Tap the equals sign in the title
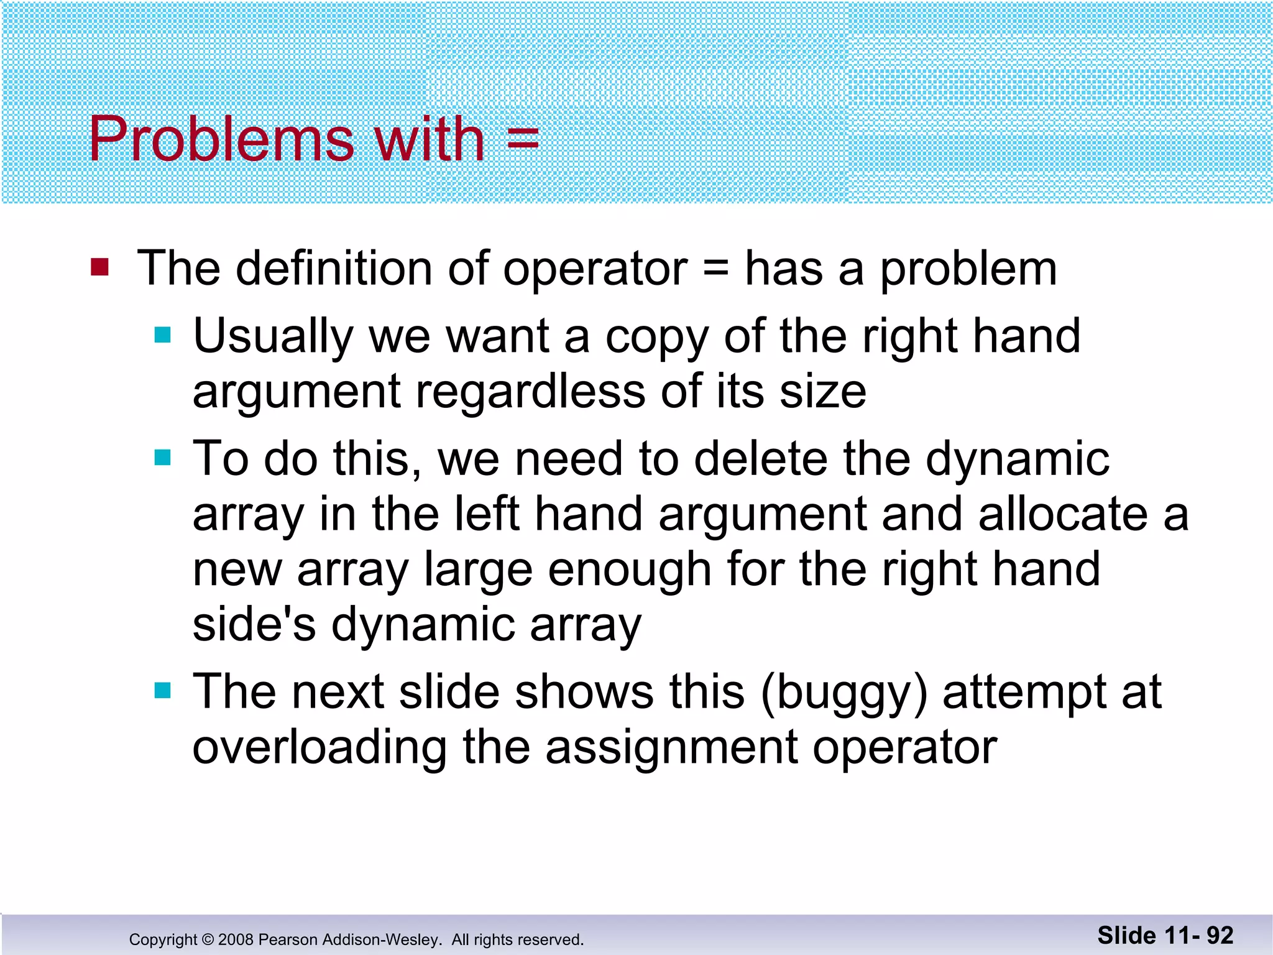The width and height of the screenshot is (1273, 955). click(522, 139)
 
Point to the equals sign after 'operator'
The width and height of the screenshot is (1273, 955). click(716, 270)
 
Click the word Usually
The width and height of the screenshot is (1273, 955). click(273, 336)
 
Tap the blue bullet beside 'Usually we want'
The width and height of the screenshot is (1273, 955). click(163, 336)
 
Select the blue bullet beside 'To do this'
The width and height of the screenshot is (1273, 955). click(163, 458)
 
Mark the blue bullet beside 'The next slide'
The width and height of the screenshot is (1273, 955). click(163, 691)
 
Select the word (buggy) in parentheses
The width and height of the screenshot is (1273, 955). click(844, 693)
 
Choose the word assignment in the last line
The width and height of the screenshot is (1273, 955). click(671, 747)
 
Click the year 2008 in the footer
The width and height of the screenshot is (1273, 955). click(236, 939)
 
